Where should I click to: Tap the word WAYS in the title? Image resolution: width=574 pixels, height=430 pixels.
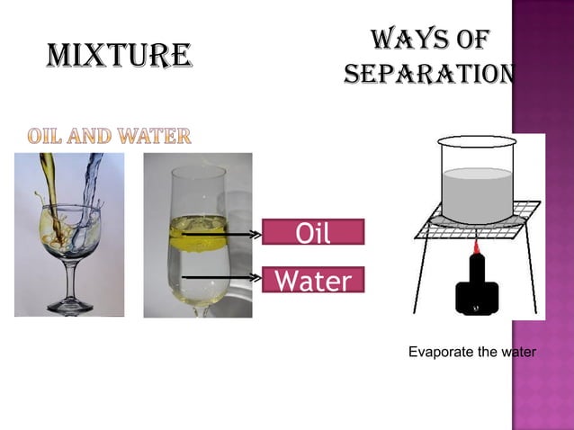pyautogui.click(x=400, y=40)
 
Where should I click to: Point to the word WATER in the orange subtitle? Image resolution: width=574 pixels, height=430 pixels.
pyautogui.click(x=156, y=138)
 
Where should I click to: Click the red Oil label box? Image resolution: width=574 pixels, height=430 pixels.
pyautogui.click(x=313, y=233)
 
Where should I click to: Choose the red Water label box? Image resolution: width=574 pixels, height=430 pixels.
pyautogui.click(x=313, y=282)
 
